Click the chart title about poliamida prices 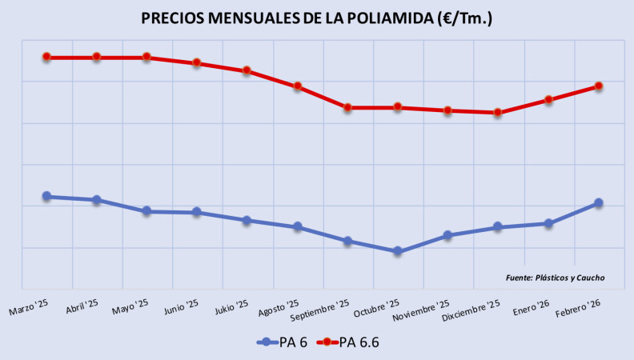click(316, 18)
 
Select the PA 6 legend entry click(284, 342)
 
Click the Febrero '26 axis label click(580, 307)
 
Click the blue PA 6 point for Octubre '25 click(398, 251)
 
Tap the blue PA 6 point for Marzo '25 click(46, 196)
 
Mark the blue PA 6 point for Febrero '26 click(598, 203)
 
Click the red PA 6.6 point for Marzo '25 click(46, 57)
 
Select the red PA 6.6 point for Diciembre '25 click(498, 113)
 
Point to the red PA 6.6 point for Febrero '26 click(598, 86)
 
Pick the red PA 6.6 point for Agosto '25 click(297, 86)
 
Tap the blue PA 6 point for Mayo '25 click(146, 211)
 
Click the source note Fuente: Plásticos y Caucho click(555, 278)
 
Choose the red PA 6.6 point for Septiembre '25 click(347, 107)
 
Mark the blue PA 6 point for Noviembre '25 click(447, 235)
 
